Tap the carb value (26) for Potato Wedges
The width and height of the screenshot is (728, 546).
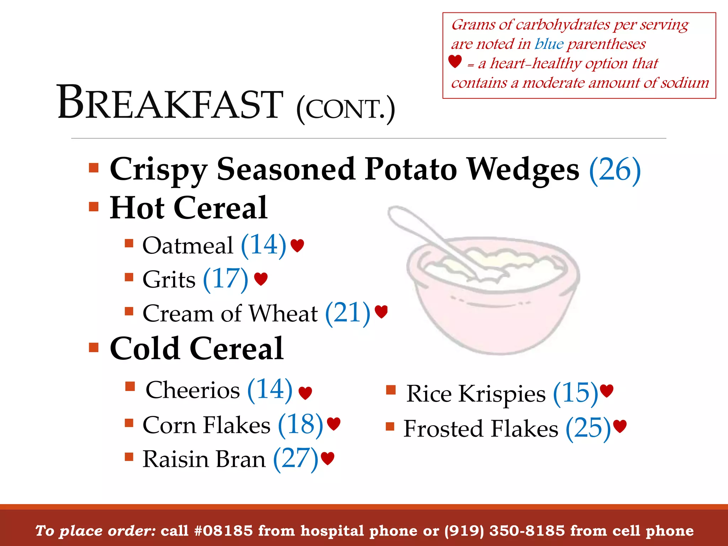coord(615,170)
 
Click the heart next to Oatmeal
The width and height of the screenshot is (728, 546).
coord(297,245)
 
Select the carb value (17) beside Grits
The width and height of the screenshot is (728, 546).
coord(225,279)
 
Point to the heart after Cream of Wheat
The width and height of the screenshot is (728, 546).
coord(381,312)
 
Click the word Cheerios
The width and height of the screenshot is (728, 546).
coord(193,390)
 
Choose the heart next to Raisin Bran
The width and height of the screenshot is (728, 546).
coord(327,458)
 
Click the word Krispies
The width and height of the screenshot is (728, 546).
coord(502,394)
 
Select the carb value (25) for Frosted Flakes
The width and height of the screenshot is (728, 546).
coord(588,428)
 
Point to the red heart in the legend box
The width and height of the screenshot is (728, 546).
coord(455,61)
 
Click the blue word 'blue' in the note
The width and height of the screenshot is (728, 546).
coord(549,44)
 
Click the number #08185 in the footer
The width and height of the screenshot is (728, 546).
coord(224,531)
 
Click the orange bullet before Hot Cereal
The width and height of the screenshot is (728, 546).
coord(93,207)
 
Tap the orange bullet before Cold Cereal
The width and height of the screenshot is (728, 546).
coord(93,347)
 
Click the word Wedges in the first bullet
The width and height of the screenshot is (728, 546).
coord(523,170)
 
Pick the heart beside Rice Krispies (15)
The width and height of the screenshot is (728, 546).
coord(606,391)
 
